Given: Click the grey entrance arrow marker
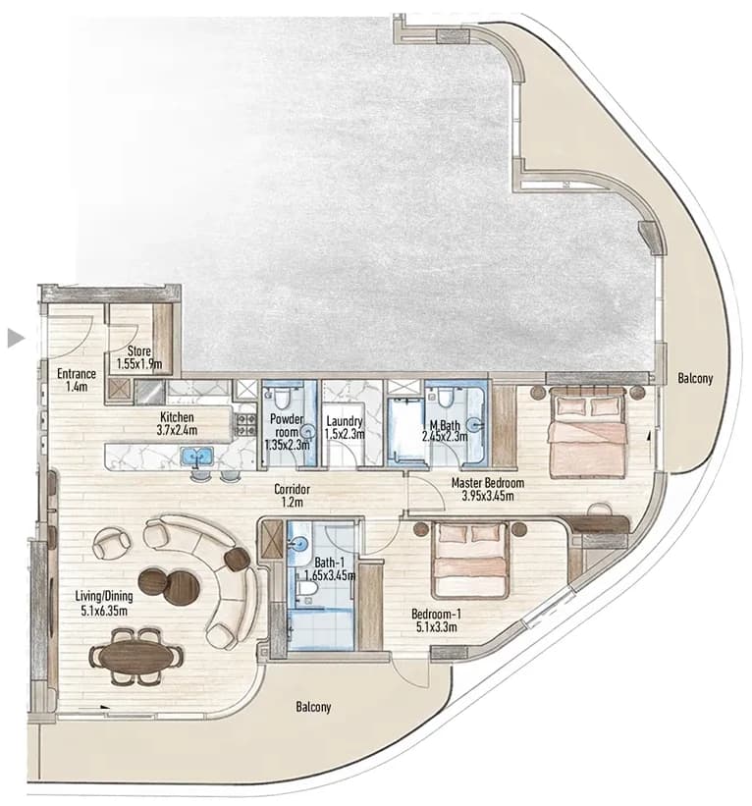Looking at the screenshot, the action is (x=16, y=339).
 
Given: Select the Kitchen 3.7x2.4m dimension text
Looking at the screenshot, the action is (x=177, y=430).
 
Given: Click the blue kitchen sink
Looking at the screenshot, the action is (x=197, y=456).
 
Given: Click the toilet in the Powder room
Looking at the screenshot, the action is (x=281, y=397).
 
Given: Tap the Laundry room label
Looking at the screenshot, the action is (x=345, y=421).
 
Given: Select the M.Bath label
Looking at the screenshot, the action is (x=445, y=426).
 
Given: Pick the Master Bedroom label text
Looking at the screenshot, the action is (x=488, y=483).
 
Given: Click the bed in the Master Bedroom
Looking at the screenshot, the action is (x=587, y=433).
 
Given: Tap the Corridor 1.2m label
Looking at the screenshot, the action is (x=292, y=496).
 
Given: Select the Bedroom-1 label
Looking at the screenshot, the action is (x=437, y=614).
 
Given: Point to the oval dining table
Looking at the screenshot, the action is (x=136, y=657).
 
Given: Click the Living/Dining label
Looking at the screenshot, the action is (x=104, y=596).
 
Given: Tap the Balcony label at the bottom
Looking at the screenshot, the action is (x=313, y=707).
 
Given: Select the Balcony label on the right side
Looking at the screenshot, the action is (x=695, y=379).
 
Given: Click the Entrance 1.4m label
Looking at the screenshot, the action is (x=77, y=380).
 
